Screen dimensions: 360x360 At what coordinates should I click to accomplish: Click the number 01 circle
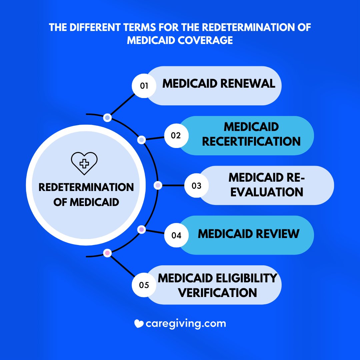[x=144, y=86]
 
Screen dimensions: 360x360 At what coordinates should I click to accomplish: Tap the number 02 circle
[x=176, y=136]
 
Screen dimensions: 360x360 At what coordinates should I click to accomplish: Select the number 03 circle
[x=197, y=185]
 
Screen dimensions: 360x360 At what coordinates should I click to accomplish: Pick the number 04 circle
[x=176, y=235]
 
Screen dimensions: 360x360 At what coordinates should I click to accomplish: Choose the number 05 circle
[x=144, y=285]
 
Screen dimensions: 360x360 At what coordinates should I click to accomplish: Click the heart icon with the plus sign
[x=84, y=163]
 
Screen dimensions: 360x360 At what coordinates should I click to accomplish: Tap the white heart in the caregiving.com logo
[x=139, y=323]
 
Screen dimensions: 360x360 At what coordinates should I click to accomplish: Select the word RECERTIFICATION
[x=251, y=141]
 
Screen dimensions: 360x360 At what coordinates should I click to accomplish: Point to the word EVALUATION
[x=267, y=192]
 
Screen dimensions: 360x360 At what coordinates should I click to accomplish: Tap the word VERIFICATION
[x=218, y=292]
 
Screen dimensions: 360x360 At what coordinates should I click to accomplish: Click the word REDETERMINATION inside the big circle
[x=86, y=187]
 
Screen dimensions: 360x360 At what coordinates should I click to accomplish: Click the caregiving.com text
[x=186, y=323]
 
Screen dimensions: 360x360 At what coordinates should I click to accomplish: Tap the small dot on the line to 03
[x=158, y=185]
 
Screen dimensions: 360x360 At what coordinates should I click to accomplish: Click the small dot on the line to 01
[x=107, y=118]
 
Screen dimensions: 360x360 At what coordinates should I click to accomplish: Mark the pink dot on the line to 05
[x=107, y=253]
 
